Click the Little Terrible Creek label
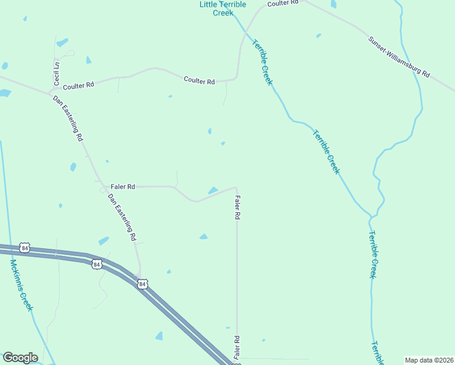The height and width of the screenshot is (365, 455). [x=223, y=8]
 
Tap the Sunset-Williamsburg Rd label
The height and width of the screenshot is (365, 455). [x=399, y=57]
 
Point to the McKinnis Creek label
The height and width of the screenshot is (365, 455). [x=21, y=285]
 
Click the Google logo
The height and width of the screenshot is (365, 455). [x=20, y=358]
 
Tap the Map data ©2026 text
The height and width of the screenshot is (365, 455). [x=429, y=360]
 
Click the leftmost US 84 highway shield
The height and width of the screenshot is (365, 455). [x=24, y=248]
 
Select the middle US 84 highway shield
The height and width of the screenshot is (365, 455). [x=97, y=264]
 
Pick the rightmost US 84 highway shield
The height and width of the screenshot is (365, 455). [x=142, y=283]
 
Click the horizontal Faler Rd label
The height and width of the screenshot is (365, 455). [x=123, y=187]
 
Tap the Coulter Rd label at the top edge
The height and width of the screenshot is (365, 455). [x=283, y=3]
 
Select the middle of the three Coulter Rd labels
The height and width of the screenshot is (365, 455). [x=200, y=81]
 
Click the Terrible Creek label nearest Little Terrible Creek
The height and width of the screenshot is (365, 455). [x=262, y=62]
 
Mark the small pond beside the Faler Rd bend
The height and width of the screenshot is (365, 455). [x=214, y=190]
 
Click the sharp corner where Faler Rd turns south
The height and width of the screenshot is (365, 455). [x=236, y=187]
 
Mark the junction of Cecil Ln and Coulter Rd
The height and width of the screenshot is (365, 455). [x=50, y=91]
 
